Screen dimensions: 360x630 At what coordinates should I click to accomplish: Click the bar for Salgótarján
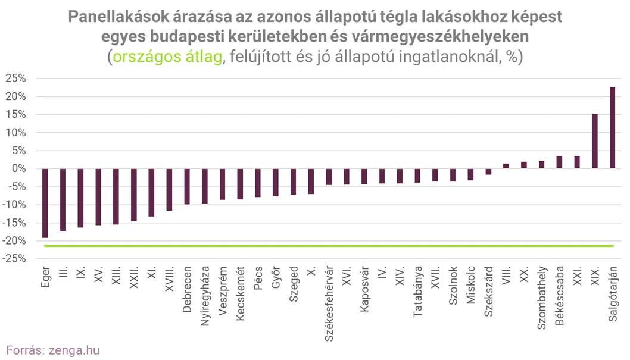(612, 128)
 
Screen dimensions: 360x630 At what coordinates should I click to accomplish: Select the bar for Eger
(45, 203)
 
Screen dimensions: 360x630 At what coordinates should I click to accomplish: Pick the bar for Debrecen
(187, 186)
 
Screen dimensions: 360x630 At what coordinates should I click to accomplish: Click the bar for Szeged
(293, 181)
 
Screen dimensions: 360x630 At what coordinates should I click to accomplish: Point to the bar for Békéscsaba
(559, 162)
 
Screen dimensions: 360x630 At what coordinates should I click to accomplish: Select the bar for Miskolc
(470, 174)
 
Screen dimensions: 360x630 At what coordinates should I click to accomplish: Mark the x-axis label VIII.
(506, 277)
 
